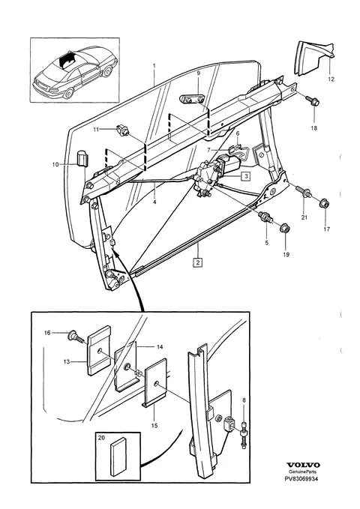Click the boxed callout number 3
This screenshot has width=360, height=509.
(246, 176)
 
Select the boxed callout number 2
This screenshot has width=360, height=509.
(197, 262)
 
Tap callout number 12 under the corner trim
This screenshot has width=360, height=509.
(331, 79)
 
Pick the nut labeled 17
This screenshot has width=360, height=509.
(325, 203)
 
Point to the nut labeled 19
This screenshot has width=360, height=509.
(285, 228)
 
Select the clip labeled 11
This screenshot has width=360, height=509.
(123, 131)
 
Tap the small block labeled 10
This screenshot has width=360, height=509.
(84, 159)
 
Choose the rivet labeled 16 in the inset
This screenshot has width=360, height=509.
(74, 337)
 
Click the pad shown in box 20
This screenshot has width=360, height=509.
(118, 458)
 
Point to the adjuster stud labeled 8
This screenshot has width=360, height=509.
(243, 436)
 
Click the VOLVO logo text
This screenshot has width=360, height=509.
(303, 465)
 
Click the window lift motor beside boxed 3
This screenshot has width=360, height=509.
(226, 166)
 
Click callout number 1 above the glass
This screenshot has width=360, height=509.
(154, 66)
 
